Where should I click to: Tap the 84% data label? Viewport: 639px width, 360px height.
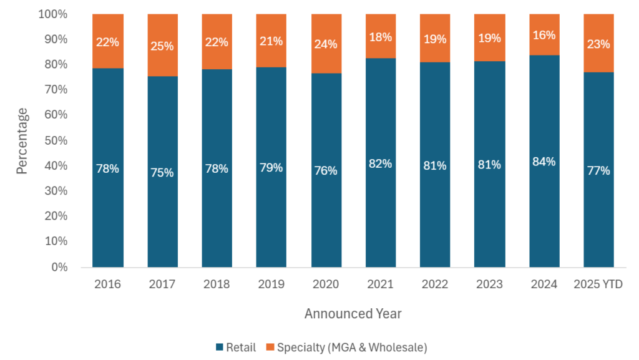coord(544,162)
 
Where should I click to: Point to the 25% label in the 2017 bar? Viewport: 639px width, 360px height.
coord(162,45)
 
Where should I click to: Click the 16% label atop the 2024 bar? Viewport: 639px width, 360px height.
coord(544,36)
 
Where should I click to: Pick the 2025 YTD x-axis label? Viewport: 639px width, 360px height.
coord(598,284)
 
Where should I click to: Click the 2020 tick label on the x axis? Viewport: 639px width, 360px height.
coord(326,284)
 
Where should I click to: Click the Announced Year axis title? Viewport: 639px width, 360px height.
coord(353,314)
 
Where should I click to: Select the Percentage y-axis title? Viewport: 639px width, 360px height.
coord(22,140)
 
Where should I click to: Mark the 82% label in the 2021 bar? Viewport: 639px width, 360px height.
coord(380,163)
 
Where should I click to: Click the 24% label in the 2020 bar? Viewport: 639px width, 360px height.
coord(326,44)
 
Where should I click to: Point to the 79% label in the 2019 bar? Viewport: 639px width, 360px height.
coord(271,168)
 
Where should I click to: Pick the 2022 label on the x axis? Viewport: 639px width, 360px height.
coord(434,284)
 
